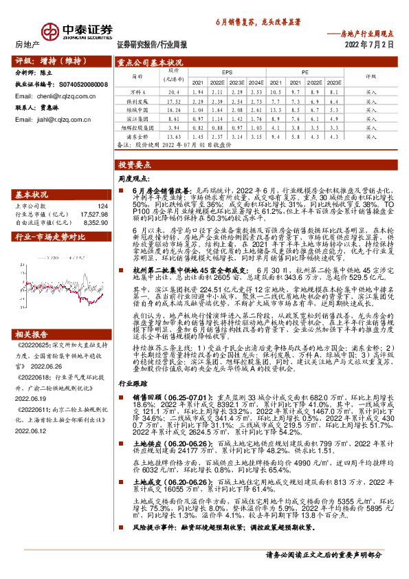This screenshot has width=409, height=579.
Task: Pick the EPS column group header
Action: (x=227, y=71)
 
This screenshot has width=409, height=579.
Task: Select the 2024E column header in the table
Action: (x=256, y=81)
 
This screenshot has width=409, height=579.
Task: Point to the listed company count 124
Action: (x=102, y=206)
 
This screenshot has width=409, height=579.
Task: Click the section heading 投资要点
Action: (x=133, y=166)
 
